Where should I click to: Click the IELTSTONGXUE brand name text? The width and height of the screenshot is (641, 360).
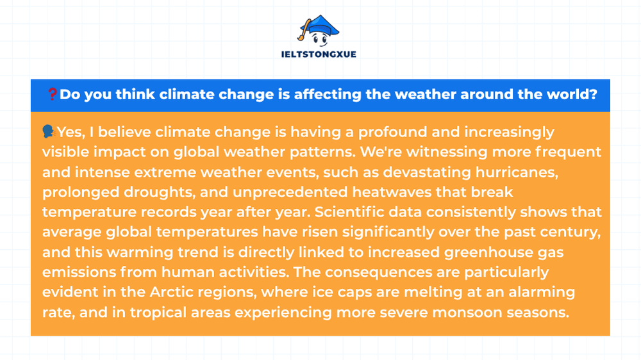tap(319, 54)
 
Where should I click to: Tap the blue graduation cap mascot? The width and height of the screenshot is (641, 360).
tap(319, 31)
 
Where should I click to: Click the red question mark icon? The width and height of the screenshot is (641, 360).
tap(53, 94)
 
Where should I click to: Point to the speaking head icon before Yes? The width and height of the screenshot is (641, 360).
tap(48, 131)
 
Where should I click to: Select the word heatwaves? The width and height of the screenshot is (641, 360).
tap(392, 192)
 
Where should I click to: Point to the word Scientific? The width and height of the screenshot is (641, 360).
tap(349, 211)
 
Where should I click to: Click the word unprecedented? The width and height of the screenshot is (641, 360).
tap(290, 192)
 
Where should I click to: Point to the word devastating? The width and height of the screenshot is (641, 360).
tap(427, 172)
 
